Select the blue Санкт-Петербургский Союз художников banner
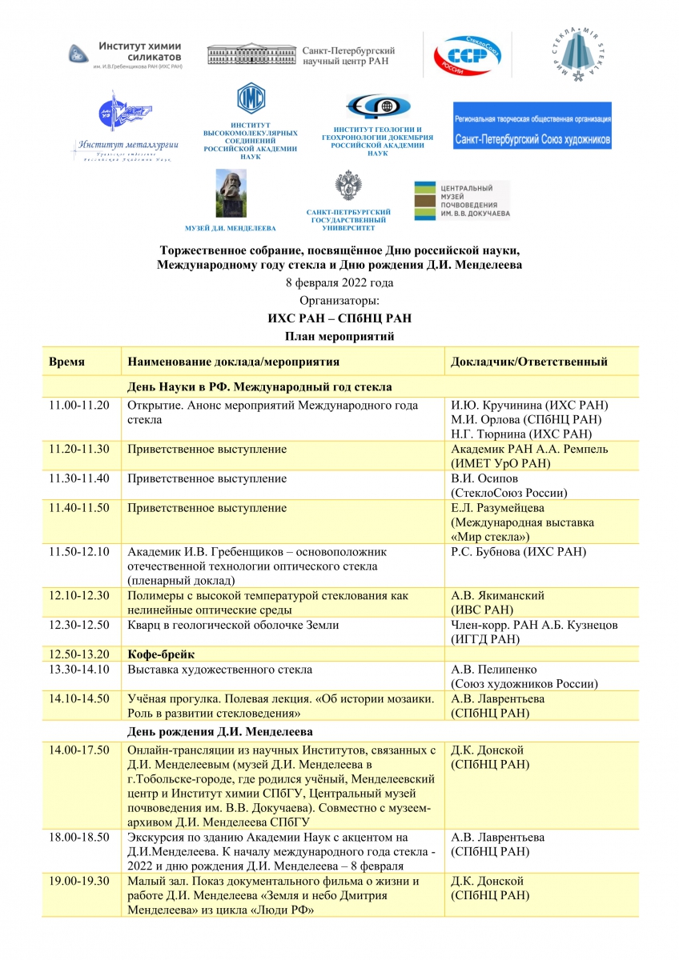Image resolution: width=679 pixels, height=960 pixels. tap(532, 126)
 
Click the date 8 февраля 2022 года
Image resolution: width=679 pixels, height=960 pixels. tap(339, 283)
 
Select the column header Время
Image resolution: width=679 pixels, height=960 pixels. tap(66, 362)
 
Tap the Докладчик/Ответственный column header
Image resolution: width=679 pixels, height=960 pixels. tap(528, 362)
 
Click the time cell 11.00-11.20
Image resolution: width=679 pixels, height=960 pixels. tap(79, 406)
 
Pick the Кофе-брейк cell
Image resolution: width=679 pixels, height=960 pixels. tap(162, 655)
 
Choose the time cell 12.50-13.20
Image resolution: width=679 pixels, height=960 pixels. tap(79, 655)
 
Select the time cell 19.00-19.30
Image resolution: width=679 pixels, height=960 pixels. tap(79, 882)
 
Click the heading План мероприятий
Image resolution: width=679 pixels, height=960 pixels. tap(339, 336)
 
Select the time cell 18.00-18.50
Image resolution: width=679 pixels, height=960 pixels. tap(79, 838)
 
